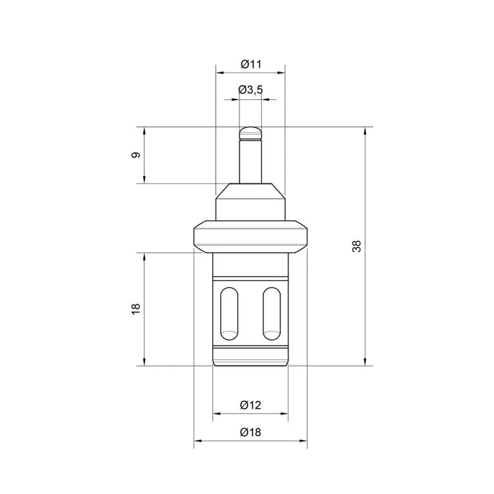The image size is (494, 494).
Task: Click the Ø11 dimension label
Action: point(251,64)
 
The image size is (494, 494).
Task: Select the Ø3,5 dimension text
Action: point(250,90)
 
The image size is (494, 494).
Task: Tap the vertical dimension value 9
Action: point(136,155)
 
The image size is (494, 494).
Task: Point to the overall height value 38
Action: point(357,246)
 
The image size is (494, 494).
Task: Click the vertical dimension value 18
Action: point(136,309)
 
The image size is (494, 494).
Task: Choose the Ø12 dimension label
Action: point(250,405)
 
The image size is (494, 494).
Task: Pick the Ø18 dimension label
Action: point(250,432)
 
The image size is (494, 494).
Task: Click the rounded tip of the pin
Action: point(250,133)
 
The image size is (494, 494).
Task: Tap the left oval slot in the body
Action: point(229,313)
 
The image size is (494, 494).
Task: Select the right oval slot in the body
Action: point(272,313)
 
